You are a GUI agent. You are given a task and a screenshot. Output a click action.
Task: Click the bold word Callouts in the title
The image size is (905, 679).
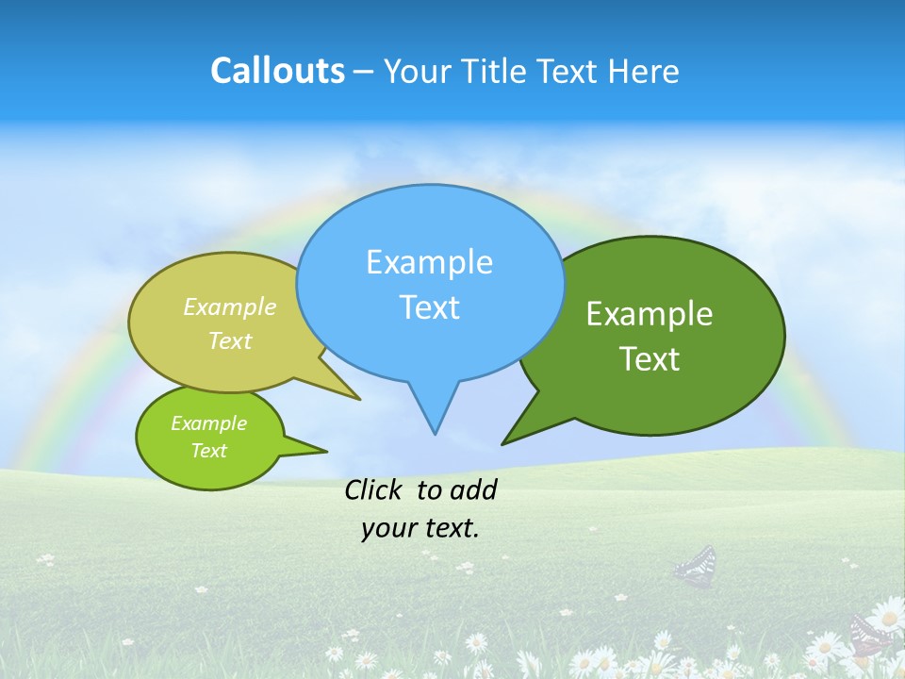(277, 71)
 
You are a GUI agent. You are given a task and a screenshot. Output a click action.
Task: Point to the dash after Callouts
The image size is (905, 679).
(365, 72)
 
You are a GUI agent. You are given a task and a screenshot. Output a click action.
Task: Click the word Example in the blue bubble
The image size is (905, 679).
(429, 262)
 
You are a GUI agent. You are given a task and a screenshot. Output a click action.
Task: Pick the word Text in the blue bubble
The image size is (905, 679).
(429, 307)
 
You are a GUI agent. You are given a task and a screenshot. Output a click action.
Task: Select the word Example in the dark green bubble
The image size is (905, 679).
(650, 314)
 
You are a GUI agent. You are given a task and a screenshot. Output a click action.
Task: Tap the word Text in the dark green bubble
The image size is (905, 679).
(650, 359)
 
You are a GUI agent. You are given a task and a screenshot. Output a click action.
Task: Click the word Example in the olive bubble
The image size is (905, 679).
(230, 306)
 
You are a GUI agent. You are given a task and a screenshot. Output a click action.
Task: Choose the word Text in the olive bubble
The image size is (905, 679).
(230, 340)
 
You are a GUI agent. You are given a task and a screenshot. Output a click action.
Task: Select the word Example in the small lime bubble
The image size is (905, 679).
(208, 423)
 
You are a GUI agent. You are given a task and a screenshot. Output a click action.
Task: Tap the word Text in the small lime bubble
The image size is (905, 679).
(208, 451)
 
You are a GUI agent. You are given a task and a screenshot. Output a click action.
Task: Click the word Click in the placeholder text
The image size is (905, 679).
(372, 489)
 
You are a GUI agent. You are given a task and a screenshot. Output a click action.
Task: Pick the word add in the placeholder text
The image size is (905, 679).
(473, 489)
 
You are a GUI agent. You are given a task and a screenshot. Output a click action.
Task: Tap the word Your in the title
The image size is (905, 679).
(416, 71)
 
